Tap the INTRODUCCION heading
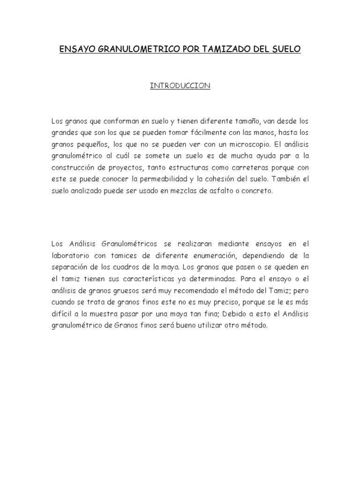coord(180,86)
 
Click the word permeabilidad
coord(156,180)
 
